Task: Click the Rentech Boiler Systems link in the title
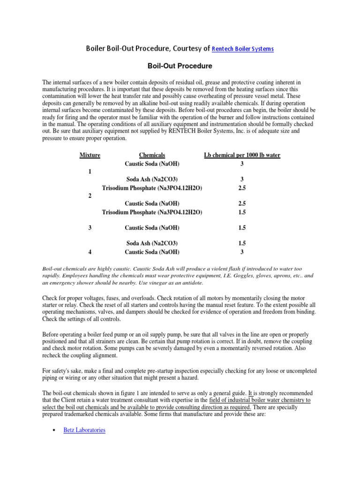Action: (243, 49)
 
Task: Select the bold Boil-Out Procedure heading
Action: (180, 66)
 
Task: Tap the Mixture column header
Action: (90, 155)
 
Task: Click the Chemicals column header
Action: (152, 155)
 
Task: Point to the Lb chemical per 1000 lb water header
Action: (242, 155)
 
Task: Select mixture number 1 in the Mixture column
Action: (90, 172)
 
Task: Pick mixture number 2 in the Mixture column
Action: (90, 196)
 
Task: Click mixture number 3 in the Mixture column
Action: (90, 228)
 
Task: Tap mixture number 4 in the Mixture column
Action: (90, 252)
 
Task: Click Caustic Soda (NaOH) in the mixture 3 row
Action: (152, 228)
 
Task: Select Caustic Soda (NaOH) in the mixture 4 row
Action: (152, 252)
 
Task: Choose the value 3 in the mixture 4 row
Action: (242, 252)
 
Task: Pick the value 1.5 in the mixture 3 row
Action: (242, 228)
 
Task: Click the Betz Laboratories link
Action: (84, 429)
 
